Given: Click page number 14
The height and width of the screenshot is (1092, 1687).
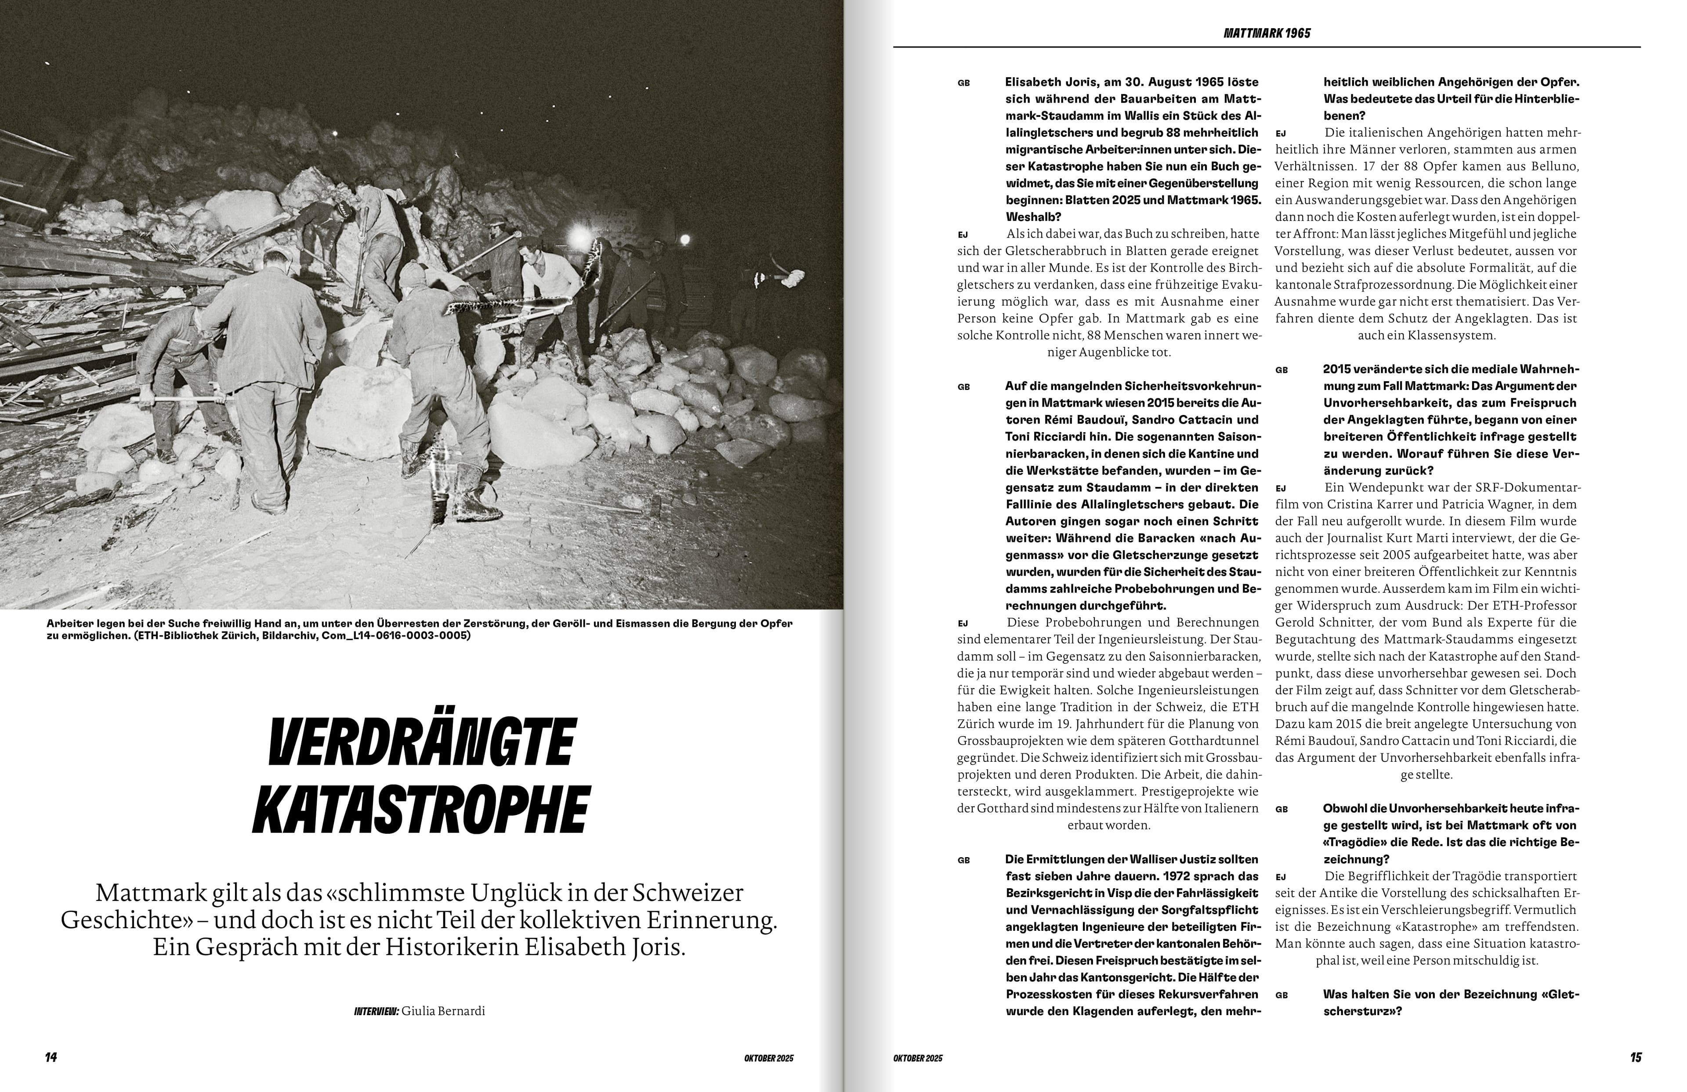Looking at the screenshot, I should click(51, 1057).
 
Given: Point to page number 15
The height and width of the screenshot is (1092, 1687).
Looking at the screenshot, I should click(1635, 1057).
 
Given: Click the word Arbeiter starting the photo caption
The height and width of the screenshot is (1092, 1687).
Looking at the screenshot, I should click(69, 623).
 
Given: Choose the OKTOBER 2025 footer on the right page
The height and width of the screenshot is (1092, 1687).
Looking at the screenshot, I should click(917, 1058).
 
